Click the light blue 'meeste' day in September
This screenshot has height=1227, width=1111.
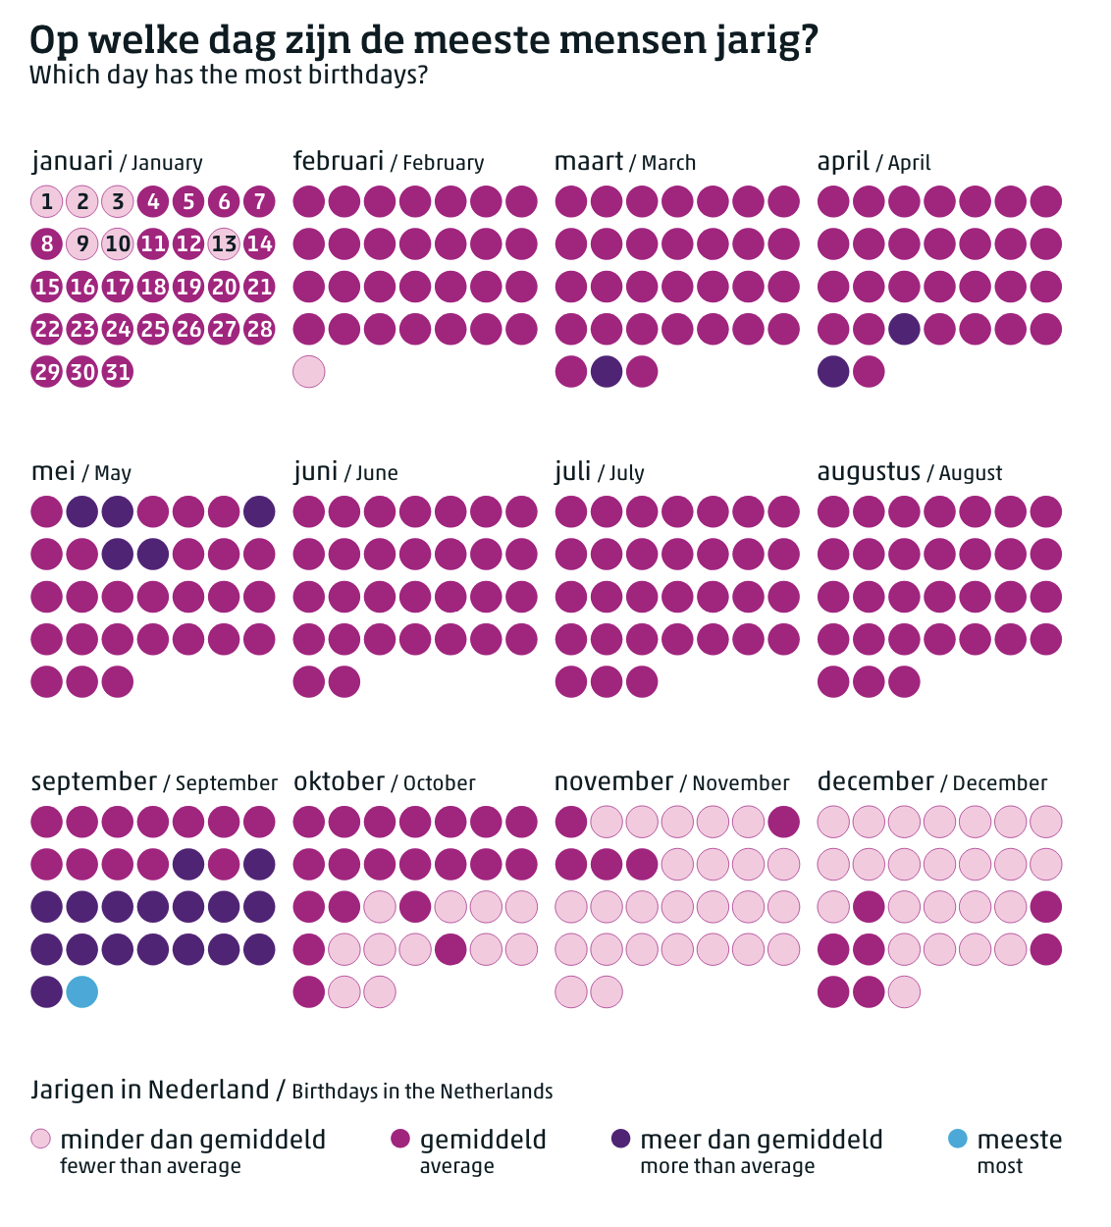point(82,991)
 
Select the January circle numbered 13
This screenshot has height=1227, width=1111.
point(224,243)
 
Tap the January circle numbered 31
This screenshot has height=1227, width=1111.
point(118,372)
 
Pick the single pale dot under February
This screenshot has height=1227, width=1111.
point(309,372)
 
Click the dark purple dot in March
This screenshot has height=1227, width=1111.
point(607,372)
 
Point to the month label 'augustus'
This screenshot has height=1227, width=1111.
point(869,472)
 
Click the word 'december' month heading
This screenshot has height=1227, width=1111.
point(875,782)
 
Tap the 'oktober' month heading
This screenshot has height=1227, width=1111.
point(339,782)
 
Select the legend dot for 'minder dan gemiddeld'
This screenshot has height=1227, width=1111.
point(40,1139)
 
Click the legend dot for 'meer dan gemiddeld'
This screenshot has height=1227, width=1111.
point(620,1139)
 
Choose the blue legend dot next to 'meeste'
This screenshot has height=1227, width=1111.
point(957,1139)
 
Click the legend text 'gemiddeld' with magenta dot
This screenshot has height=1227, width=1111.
point(483,1140)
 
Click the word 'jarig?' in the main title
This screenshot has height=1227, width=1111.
point(763,41)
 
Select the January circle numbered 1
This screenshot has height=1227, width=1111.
point(47,201)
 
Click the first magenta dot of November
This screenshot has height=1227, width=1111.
point(571,822)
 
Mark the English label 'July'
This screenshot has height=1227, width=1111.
point(626,473)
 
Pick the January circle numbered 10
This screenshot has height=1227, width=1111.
point(118,243)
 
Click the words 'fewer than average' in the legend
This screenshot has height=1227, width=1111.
point(150,1166)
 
